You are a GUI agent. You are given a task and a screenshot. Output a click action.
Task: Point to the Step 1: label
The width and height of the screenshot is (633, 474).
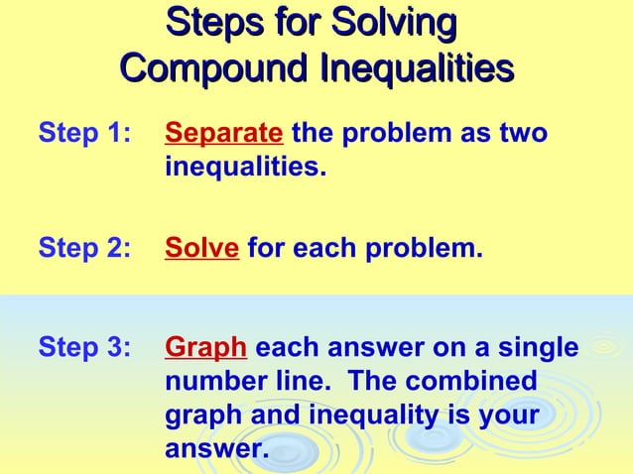(83, 132)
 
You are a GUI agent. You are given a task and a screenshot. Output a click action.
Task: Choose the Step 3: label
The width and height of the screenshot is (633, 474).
(83, 348)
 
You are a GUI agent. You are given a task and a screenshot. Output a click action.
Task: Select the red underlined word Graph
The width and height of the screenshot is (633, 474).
(205, 348)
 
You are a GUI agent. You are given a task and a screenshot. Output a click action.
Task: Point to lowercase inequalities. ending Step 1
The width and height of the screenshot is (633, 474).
(244, 165)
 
